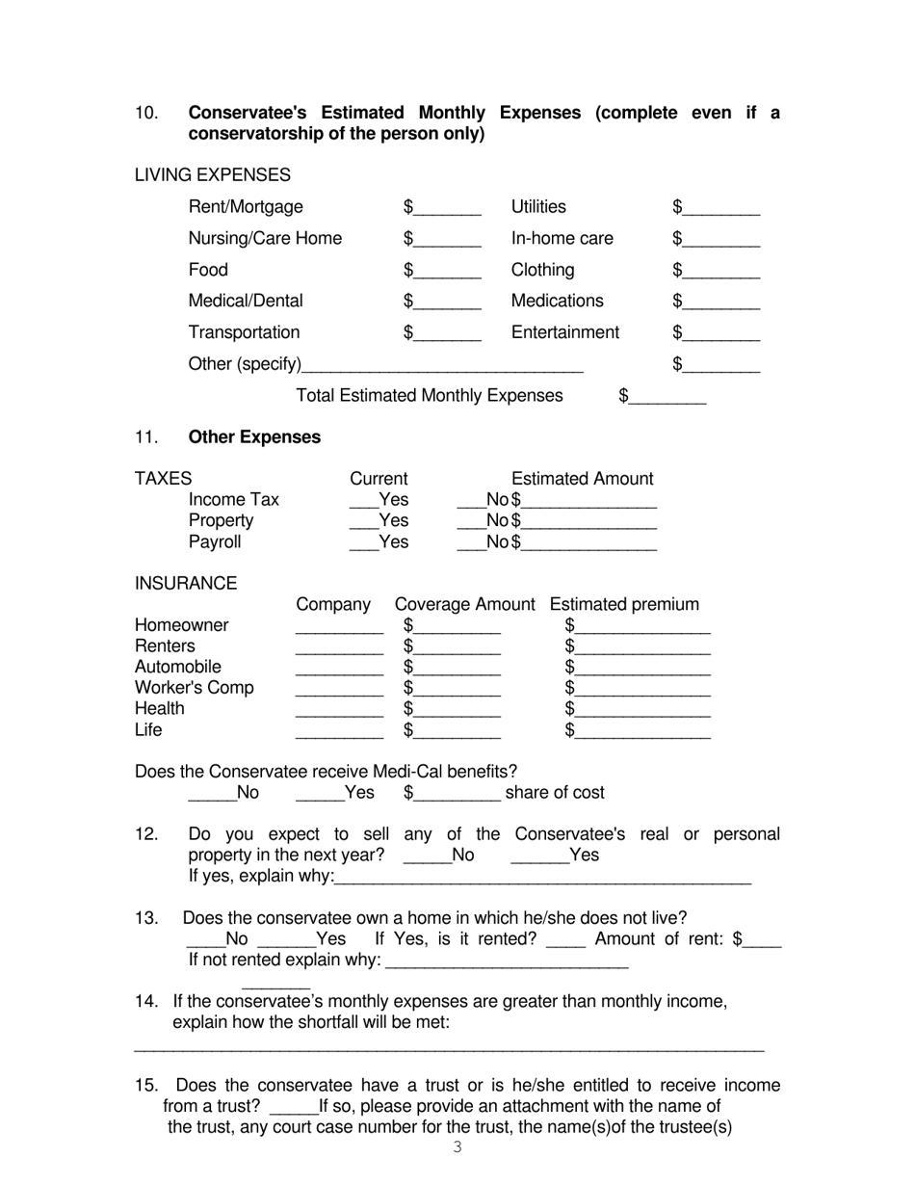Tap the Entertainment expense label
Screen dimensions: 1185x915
point(564,332)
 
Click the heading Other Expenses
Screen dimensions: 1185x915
point(254,437)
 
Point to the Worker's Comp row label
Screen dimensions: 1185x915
point(194,688)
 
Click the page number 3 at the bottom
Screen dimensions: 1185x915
point(457,1146)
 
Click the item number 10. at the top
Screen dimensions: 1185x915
point(146,113)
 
